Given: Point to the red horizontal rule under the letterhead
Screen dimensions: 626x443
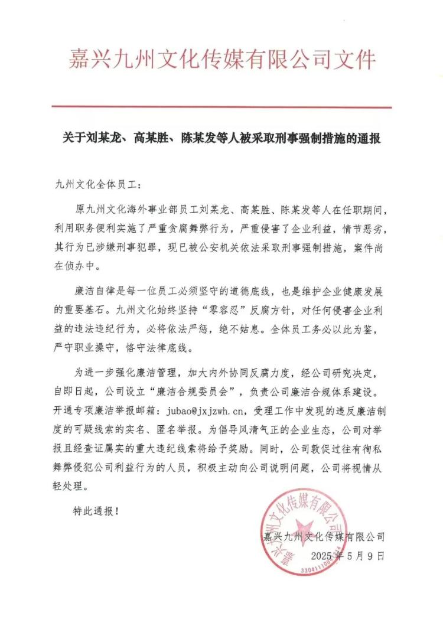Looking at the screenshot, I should tap(221, 107).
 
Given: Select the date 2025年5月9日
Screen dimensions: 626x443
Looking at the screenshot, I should tap(348, 556).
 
